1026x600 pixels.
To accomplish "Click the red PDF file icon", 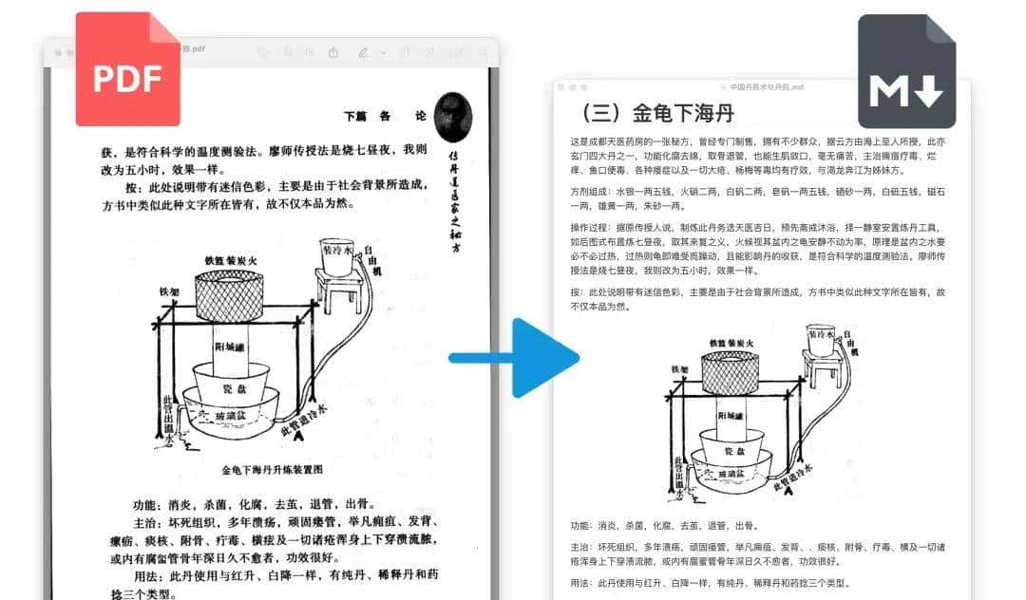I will coord(128,69).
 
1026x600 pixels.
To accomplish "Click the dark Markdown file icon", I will coord(906,72).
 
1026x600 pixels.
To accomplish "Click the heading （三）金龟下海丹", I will coord(656,113).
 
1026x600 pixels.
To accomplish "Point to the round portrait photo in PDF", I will coord(452,117).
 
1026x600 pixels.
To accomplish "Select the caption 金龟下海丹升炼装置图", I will coord(273,469).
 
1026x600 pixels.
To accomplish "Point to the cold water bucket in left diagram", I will coord(336,254).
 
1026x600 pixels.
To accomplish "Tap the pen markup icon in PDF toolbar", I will coord(363,52).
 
